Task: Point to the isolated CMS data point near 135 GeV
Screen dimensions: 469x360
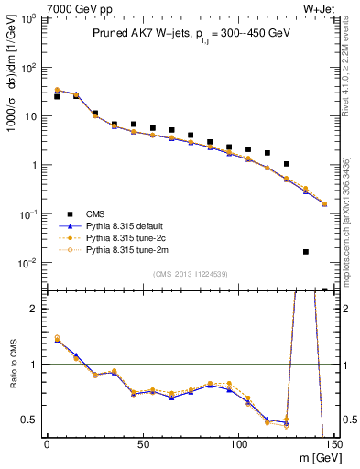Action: click(x=306, y=251)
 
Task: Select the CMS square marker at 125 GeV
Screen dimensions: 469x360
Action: click(x=287, y=164)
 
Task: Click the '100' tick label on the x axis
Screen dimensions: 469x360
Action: click(x=238, y=444)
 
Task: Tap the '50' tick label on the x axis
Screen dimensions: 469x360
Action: click(x=143, y=444)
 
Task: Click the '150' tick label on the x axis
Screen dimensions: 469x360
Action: click(x=333, y=444)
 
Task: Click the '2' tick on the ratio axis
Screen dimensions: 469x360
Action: click(x=33, y=309)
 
